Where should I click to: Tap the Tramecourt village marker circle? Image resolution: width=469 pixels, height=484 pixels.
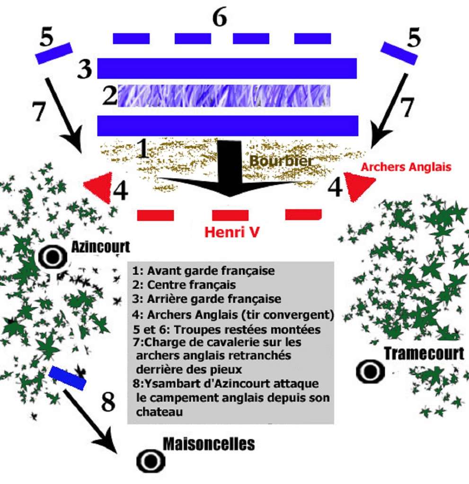(370, 371)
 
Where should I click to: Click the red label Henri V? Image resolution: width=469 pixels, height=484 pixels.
(232, 233)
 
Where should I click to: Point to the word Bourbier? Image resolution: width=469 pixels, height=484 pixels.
(281, 161)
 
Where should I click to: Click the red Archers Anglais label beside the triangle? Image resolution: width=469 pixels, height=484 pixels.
(406, 166)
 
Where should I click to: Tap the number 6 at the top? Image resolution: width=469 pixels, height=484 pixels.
(219, 18)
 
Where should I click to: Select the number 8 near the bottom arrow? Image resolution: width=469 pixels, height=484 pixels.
(108, 403)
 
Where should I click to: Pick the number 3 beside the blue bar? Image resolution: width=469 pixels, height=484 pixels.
(85, 69)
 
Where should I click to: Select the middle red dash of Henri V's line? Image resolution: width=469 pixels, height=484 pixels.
(230, 216)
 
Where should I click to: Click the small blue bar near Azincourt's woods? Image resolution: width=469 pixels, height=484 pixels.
(68, 378)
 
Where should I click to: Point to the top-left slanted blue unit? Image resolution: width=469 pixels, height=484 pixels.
(54, 53)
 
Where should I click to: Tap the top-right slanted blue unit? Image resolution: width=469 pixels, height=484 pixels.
(399, 53)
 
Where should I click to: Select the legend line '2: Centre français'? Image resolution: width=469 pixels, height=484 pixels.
(184, 285)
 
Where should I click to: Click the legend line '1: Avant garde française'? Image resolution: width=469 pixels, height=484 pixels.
(204, 271)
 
